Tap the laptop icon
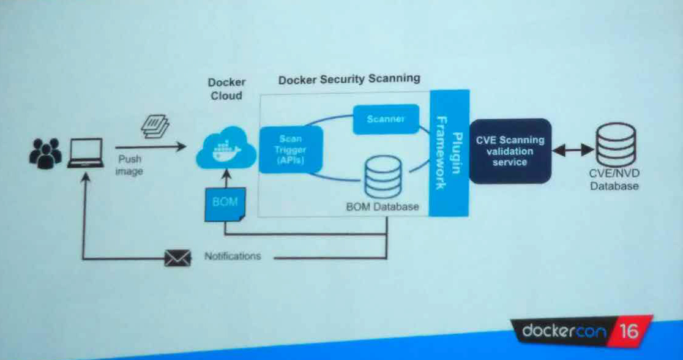tap(85, 152)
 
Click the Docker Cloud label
tap(226, 89)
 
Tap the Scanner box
tap(386, 119)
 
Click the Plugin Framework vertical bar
tap(449, 153)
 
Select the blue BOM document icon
tap(225, 204)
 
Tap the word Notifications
tap(233, 256)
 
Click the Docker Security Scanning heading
tap(349, 79)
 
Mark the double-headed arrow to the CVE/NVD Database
tap(573, 149)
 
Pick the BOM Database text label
tap(383, 206)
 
